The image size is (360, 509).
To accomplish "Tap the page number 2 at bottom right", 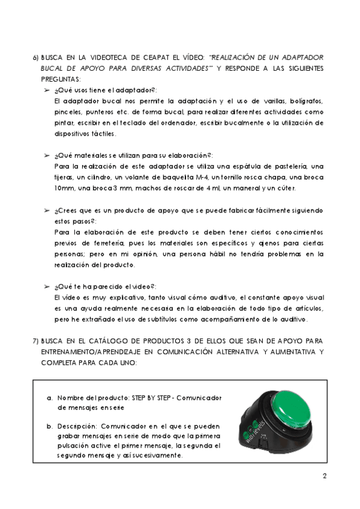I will pos(324,478).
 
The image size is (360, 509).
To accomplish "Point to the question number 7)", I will pos(36,342).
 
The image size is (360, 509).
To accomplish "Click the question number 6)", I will pos(36,58).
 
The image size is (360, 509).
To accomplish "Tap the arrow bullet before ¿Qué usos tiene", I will pos(47,89).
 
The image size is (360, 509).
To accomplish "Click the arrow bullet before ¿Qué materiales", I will pos(47,155).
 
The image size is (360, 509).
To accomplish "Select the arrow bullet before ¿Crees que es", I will pos(47,211).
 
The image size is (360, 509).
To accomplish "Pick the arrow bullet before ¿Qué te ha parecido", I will pos(47,287).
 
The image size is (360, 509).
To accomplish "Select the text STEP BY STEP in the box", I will pos(140,398).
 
